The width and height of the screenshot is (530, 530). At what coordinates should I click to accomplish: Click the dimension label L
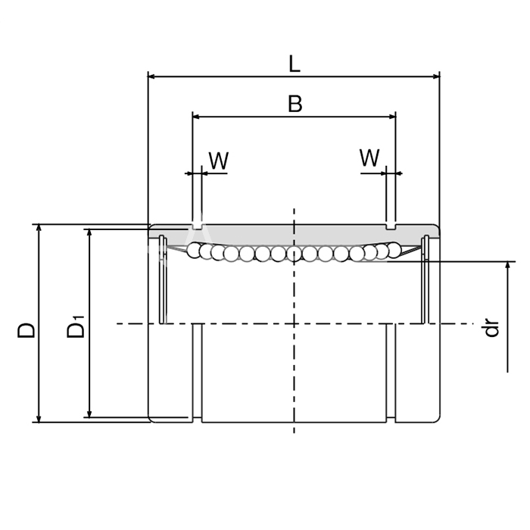295,64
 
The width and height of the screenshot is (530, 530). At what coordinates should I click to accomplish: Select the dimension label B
295,104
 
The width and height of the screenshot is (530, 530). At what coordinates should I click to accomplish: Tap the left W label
219,161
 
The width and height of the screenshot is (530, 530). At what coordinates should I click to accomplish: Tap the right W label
369,157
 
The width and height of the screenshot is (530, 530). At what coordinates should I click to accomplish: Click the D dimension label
26,330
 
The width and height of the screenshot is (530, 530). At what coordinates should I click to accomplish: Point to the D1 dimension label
76,326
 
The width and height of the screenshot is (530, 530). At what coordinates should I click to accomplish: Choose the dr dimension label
491,328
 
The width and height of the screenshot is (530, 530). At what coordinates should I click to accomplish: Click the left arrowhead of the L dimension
151,76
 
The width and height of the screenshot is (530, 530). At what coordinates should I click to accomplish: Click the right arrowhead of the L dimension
436,76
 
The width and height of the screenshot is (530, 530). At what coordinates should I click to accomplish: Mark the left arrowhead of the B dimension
196,117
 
